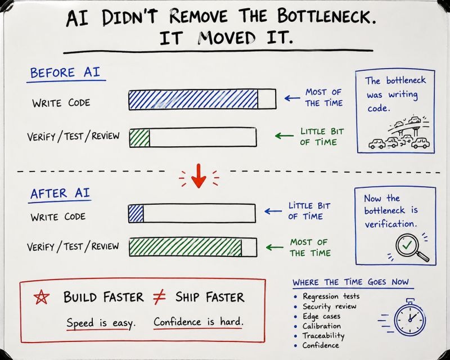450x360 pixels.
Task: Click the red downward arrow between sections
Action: [x=199, y=175]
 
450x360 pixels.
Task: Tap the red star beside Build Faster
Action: [x=41, y=297]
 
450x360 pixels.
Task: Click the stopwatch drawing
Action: [x=409, y=317]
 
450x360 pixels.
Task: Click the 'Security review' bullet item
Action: [x=329, y=307]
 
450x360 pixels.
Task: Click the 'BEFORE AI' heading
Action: [x=65, y=73]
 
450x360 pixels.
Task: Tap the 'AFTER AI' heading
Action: [x=60, y=193]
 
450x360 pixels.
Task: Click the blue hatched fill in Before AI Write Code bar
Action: [x=193, y=100]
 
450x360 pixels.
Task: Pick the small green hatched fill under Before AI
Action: [x=139, y=138]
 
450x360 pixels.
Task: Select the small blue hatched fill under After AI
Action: [x=136, y=213]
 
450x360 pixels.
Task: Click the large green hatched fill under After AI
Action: [x=186, y=247]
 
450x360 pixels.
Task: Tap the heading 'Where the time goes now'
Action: [x=350, y=282]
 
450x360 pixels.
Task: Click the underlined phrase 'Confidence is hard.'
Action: [x=199, y=322]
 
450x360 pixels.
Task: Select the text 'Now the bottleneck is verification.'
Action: [x=391, y=211]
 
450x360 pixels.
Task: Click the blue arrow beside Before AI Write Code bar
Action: [x=292, y=98]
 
